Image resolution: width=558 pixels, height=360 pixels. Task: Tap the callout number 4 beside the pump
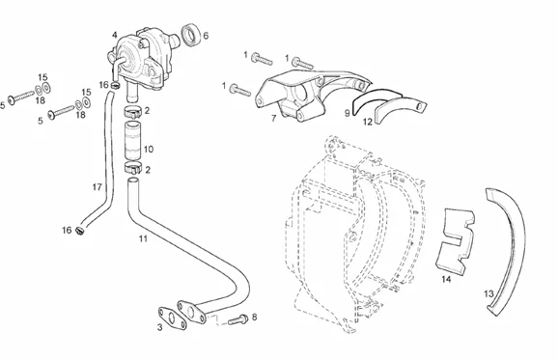tap(114, 35)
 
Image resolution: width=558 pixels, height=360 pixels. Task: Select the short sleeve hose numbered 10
tap(132, 140)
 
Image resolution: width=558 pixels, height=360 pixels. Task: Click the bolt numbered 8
tap(238, 319)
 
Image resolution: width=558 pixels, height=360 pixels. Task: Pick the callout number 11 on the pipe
tap(143, 238)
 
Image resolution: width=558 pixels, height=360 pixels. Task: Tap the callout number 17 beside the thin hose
tap(98, 187)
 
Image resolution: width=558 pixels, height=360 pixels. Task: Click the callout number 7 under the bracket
tap(273, 118)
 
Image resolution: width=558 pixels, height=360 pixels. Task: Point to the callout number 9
tap(347, 114)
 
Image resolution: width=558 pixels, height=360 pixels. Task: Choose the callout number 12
tap(367, 122)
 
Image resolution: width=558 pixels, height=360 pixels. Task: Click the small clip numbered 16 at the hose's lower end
tap(79, 231)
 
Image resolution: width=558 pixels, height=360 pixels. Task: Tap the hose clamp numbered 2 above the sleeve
tap(133, 112)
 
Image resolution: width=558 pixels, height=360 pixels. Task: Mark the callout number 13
tap(488, 293)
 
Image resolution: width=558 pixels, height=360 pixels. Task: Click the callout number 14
tap(446, 279)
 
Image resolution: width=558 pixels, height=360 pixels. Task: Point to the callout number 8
tap(254, 317)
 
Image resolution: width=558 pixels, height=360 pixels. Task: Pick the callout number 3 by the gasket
tap(160, 327)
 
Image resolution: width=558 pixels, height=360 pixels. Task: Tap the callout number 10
tap(149, 149)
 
